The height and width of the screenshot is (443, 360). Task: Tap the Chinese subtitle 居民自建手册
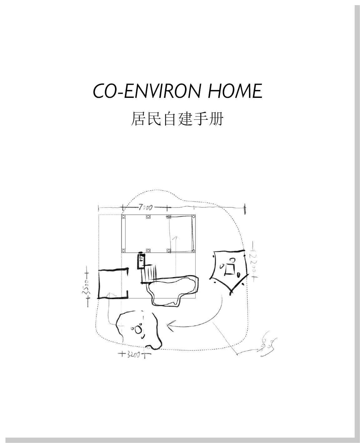point(177,119)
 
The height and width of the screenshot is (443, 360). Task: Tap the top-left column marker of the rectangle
point(123,216)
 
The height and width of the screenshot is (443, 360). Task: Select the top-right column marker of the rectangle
point(194,216)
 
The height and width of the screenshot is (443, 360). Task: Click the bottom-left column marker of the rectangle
point(123,251)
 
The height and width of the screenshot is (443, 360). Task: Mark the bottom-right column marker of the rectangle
point(194,251)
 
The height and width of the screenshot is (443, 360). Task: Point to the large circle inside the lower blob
point(138,330)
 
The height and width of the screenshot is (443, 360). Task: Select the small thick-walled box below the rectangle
point(142,261)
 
